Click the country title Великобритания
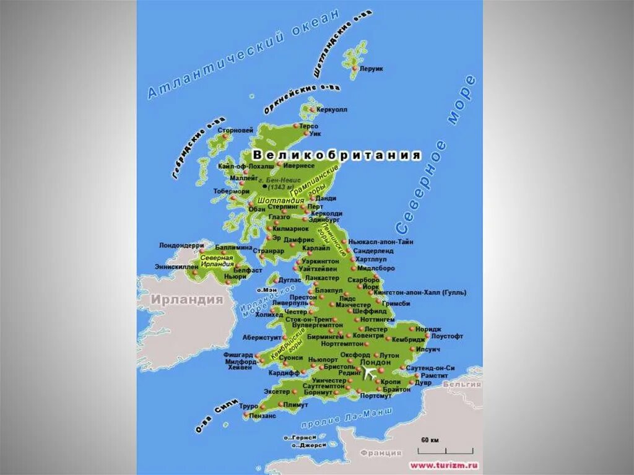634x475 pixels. tap(337, 155)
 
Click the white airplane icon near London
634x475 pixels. tap(370, 373)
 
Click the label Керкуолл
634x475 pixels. tap(332, 109)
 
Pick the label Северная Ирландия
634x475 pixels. tap(216, 261)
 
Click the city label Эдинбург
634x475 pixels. tap(324, 219)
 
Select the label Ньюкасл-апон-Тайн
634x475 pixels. tap(381, 242)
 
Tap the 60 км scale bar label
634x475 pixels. tap(430, 440)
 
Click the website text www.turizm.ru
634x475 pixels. tap(443, 464)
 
